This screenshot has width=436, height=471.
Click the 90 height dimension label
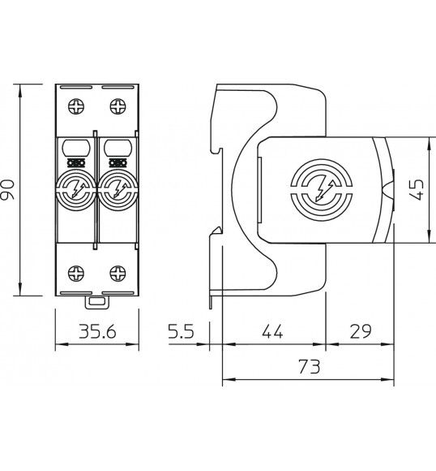(7, 189)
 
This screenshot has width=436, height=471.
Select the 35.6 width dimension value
(97, 331)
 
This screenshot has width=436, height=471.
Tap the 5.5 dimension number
(181, 331)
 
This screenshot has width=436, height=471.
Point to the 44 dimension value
(272, 331)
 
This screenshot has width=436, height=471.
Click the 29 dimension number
(361, 331)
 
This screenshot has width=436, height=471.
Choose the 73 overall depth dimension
(310, 366)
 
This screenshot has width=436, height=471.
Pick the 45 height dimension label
(417, 189)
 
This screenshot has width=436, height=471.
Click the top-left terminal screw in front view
(76, 106)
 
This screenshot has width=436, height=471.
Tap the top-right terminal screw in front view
(118, 106)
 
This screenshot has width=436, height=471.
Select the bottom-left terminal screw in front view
(76, 273)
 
